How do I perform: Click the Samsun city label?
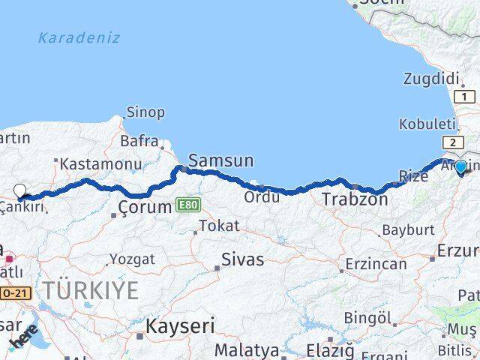coord(220,160)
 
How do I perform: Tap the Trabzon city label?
coord(355,199)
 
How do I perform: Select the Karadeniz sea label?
coord(79,37)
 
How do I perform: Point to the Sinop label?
coord(145,112)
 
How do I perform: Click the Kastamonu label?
coord(100,163)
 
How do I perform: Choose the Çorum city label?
coord(145,206)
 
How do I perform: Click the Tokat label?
coord(218,225)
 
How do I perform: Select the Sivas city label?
coord(242,259)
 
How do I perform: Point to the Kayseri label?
coord(180,326)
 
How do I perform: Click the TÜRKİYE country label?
coord(90,290)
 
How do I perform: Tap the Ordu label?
coord(262,196)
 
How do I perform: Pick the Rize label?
coord(412,176)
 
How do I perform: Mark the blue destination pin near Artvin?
coord(460,168)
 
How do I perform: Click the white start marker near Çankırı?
coord(20,191)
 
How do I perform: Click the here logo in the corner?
coord(24,338)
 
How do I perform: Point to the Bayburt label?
coord(408,230)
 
